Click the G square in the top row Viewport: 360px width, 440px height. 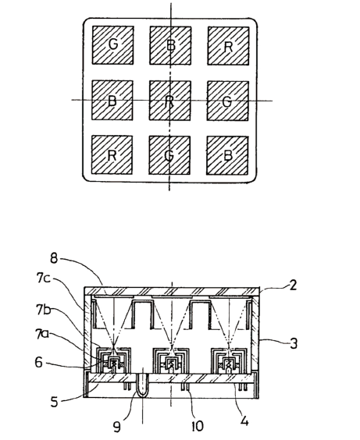coord(113,45)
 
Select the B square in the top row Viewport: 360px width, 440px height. coord(170,45)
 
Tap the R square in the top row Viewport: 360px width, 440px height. coord(228,46)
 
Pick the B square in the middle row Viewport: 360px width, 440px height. coord(112,100)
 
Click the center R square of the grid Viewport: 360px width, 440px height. coord(170,101)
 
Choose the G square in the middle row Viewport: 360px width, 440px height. coord(228,101)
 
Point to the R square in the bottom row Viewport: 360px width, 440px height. coord(112,155)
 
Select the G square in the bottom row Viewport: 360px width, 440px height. coord(169,155)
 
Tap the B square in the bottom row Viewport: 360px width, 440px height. coord(227,156)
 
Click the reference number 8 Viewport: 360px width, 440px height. coord(54,258)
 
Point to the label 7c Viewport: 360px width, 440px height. coord(43,278)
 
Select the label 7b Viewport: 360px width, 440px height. coord(43,310)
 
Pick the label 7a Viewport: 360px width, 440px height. coord(42,335)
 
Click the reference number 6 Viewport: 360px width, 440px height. coord(39,362)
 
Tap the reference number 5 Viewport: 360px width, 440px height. coord(54,402)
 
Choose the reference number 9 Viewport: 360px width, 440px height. coord(117,427)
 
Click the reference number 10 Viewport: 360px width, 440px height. coord(198,426)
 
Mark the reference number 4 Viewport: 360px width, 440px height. coord(244,421)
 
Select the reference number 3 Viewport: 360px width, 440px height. coord(294,343)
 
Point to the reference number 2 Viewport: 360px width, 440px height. coord(293,286)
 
